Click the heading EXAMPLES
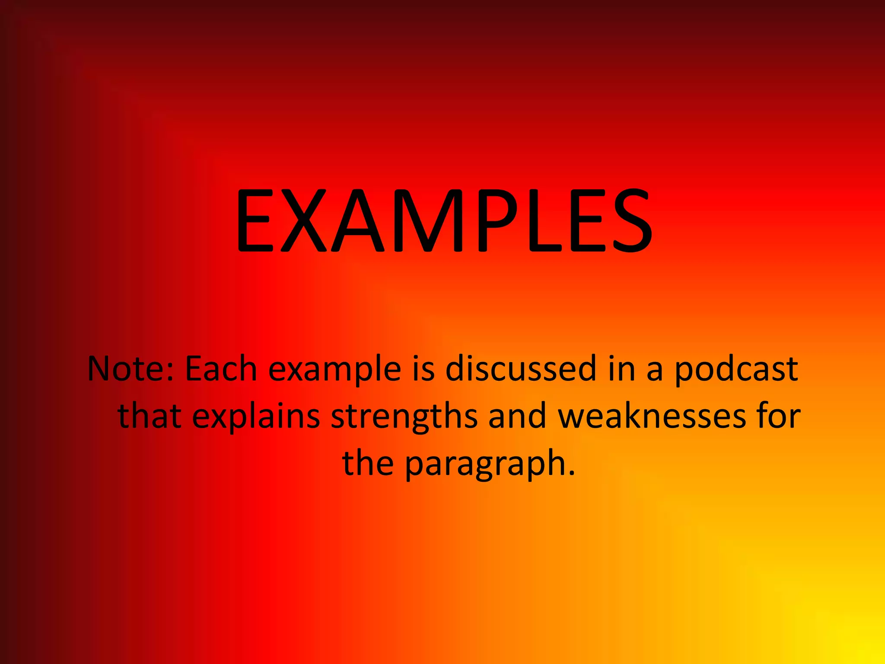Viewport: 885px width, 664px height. point(444,221)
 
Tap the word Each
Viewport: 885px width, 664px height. point(221,369)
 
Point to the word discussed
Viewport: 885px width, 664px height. point(521,369)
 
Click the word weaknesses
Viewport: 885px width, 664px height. point(652,416)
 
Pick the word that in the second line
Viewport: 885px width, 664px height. point(150,416)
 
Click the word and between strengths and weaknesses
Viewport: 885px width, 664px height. point(517,416)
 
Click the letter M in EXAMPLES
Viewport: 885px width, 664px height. point(427,221)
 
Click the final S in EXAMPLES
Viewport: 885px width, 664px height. point(630,221)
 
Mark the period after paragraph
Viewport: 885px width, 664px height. point(572,473)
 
